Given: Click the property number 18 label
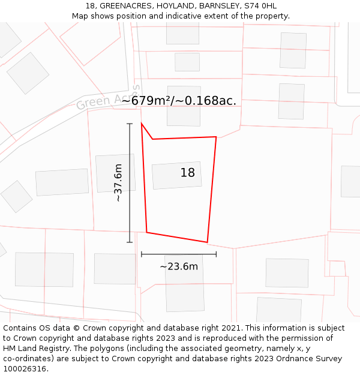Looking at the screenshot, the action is click(x=188, y=173).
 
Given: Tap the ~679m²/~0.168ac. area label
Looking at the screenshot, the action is click(x=179, y=101).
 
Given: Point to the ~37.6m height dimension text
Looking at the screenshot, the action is click(x=118, y=182).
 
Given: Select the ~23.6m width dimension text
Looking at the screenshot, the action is click(x=179, y=266).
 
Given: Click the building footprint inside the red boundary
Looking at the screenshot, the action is click(x=176, y=175).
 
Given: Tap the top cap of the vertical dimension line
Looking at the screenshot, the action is click(x=130, y=124).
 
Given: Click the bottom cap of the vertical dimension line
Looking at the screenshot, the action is click(x=130, y=242).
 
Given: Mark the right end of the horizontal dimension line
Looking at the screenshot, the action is click(x=216, y=254).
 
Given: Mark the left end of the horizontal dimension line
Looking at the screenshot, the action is click(x=142, y=254).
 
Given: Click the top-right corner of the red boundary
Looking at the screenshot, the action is click(x=216, y=137).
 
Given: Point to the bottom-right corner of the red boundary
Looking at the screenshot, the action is click(x=207, y=242).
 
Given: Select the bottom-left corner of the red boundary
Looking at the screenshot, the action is click(x=146, y=232).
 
